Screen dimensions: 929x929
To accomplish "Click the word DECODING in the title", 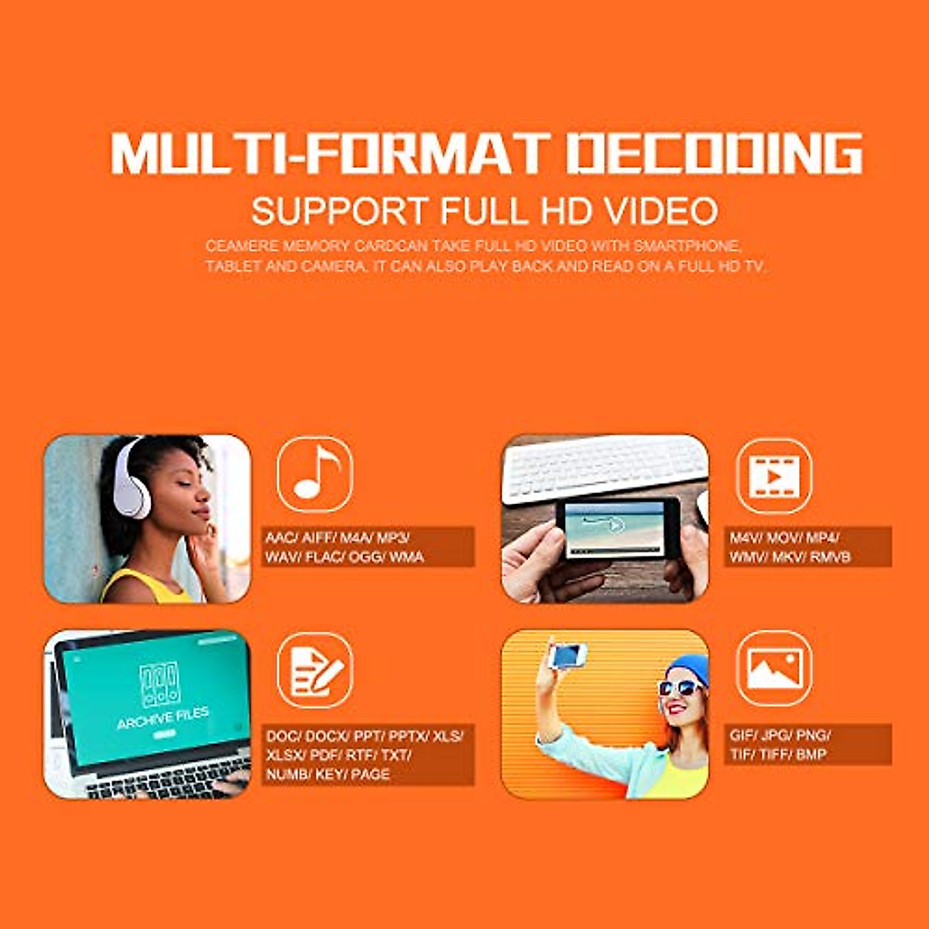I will [x=714, y=153].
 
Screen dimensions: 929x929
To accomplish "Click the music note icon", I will [x=315, y=474].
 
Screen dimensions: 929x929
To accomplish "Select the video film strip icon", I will [x=773, y=475].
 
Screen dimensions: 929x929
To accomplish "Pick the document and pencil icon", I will [x=315, y=670].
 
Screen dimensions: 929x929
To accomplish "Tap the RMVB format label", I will [x=831, y=557].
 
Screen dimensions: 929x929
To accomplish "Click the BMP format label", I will [x=811, y=755].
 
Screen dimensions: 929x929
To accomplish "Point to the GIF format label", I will [x=741, y=735].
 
